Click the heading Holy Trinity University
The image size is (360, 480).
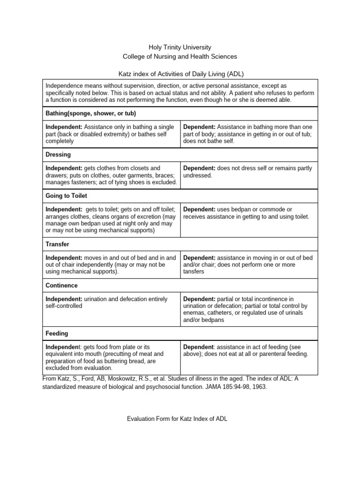point(180,47)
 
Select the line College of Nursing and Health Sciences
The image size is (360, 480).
point(180,57)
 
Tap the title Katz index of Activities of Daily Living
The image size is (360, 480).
point(180,74)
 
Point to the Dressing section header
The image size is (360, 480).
point(58,154)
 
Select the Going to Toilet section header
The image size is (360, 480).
point(66,195)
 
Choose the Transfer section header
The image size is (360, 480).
point(57,244)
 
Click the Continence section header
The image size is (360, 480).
point(61,285)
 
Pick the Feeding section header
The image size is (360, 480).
point(57,333)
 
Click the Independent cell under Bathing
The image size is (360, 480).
point(111,134)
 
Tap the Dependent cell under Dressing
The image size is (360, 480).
point(247,172)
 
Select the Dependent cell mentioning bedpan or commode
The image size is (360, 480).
point(247,213)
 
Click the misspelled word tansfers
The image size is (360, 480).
point(194,272)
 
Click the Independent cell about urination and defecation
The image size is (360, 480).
point(111,302)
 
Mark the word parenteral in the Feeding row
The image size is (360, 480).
point(270,354)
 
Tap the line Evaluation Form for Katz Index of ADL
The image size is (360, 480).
point(177,419)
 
